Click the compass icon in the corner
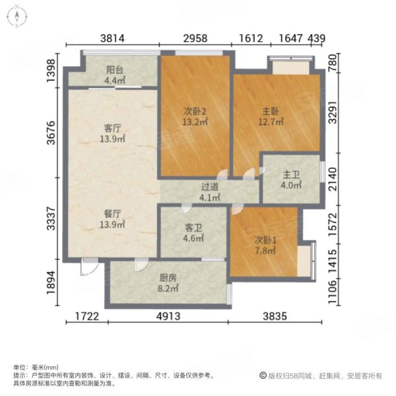pyautogui.click(x=17, y=16)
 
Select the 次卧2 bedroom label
pyautogui.click(x=195, y=112)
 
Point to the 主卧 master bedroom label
pyautogui.click(x=271, y=112)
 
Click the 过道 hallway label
pyautogui.click(x=210, y=187)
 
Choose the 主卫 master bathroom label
pyautogui.click(x=291, y=175)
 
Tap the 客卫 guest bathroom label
pyautogui.click(x=193, y=228)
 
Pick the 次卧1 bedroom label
pyautogui.click(x=265, y=240)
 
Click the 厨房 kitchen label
pyautogui.click(x=168, y=278)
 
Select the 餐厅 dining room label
pyautogui.click(x=112, y=214)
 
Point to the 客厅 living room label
pyautogui.click(x=113, y=128)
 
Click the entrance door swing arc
pyautogui.click(x=92, y=271)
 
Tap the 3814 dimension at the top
pyautogui.click(x=112, y=38)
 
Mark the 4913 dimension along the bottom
pyautogui.click(x=168, y=316)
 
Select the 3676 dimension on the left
pyautogui.click(x=51, y=133)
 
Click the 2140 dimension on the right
pyautogui.click(x=333, y=179)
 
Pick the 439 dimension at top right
pyautogui.click(x=316, y=38)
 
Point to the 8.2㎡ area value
pyautogui.click(x=168, y=288)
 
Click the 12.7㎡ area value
pyautogui.click(x=271, y=122)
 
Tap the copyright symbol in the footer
pyautogui.click(x=263, y=376)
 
